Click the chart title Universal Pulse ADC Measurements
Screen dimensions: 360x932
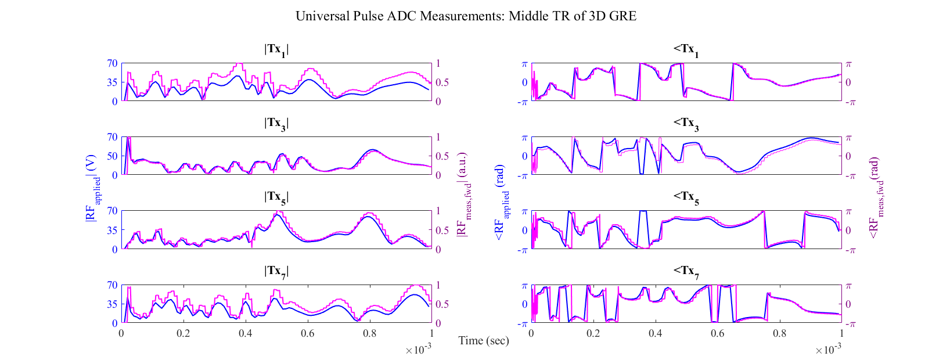(466, 16)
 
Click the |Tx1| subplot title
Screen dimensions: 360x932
(276, 50)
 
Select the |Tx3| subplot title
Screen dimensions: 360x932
(276, 124)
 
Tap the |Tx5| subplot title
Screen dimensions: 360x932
(276, 197)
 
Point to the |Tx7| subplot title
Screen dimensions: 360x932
(276, 271)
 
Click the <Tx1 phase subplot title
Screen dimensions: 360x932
(686, 50)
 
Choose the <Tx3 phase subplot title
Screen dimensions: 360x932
(686, 124)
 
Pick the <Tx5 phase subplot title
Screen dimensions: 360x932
(686, 197)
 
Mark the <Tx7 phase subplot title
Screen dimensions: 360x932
(686, 271)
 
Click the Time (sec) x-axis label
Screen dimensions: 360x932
(484, 341)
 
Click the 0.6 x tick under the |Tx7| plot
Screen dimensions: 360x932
(307, 334)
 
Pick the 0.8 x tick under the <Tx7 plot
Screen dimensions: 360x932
(779, 334)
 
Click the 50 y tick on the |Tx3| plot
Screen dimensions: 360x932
(111, 156)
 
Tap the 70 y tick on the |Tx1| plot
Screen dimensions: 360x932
(111, 63)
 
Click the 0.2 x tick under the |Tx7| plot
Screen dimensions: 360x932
(183, 334)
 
